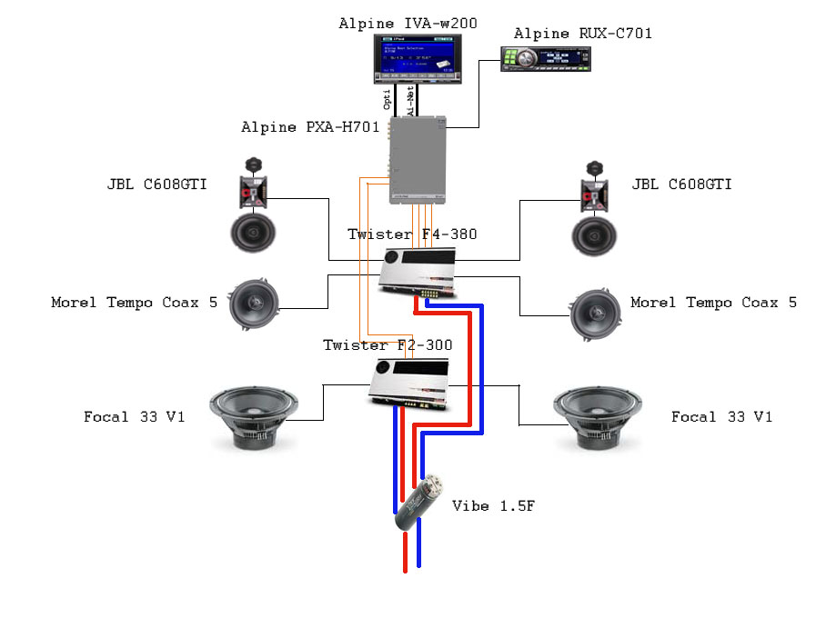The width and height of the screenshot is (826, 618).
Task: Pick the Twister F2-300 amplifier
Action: (x=409, y=383)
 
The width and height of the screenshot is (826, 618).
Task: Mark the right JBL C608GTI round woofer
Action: (x=596, y=233)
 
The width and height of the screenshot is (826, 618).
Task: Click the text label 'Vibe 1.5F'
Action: (x=493, y=505)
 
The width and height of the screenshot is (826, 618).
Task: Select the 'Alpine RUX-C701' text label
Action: (x=582, y=34)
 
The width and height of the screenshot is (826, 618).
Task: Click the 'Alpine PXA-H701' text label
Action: (x=309, y=127)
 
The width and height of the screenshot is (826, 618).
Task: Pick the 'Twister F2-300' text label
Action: (x=388, y=345)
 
